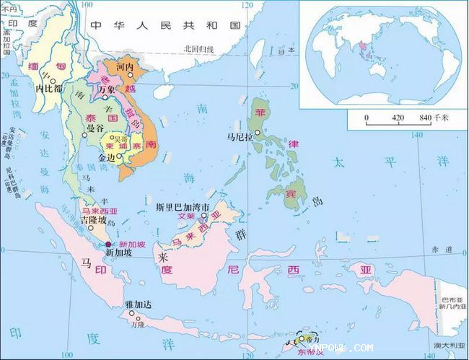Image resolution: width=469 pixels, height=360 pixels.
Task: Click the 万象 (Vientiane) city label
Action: click(x=107, y=89)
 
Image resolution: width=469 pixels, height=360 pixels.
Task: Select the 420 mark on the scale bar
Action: click(x=398, y=117)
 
